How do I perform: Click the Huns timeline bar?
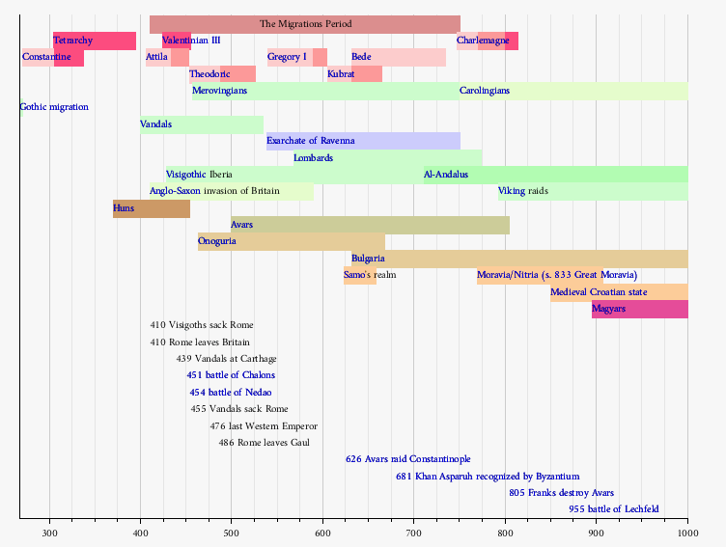point(152,208)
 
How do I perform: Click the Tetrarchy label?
point(73,41)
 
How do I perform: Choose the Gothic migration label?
point(54,107)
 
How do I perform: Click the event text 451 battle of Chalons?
point(231,375)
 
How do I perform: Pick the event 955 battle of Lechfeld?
point(614,509)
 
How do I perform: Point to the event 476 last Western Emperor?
point(264,426)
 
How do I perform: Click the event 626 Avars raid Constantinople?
point(408,459)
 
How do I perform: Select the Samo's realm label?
point(370,275)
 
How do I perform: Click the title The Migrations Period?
point(306,23)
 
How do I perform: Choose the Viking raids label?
point(523,191)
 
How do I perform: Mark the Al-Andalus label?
point(446,175)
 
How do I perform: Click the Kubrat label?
point(341,74)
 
